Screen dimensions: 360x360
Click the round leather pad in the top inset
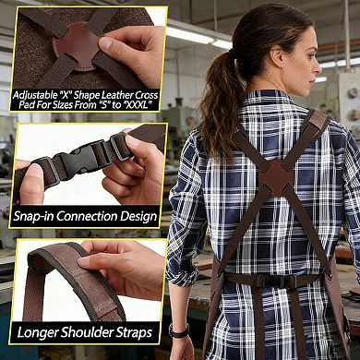click(75, 41)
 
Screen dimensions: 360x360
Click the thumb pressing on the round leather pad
click(115, 42)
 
